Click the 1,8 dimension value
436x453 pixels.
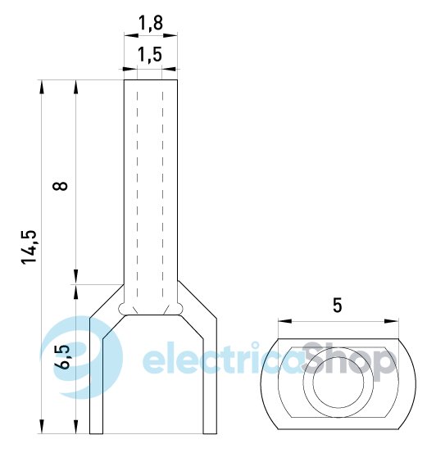click(151, 23)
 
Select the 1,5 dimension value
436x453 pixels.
click(150, 55)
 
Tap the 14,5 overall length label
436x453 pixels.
click(30, 247)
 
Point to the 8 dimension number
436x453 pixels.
click(60, 186)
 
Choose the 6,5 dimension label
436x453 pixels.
click(62, 356)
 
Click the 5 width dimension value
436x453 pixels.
click(338, 305)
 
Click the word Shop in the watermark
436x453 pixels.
click(348, 361)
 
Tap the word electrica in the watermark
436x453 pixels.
click(223, 358)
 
